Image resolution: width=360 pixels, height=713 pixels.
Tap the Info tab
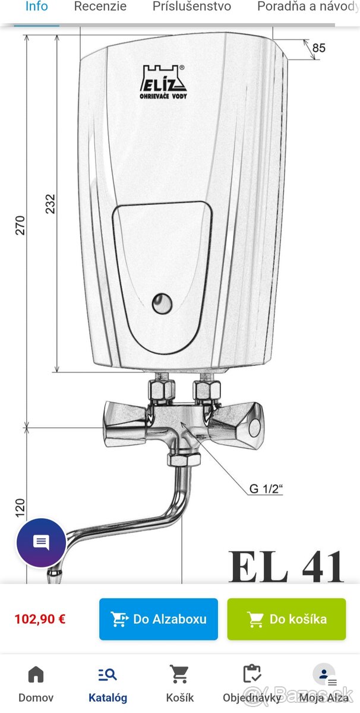click(x=37, y=7)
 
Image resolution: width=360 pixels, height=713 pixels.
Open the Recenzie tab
click(x=100, y=7)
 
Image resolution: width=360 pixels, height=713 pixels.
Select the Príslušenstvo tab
click(x=192, y=7)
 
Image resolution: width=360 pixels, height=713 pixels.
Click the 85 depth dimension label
click(x=318, y=48)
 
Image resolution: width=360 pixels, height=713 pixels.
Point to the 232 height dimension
click(x=50, y=204)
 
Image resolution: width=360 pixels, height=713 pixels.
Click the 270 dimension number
click(x=20, y=225)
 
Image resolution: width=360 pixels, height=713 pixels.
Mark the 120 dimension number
click(x=20, y=508)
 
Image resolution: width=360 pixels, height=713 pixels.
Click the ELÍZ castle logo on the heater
click(x=163, y=82)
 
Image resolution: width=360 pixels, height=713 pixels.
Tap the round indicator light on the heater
click(x=162, y=304)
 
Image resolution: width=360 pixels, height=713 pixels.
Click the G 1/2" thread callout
click(x=266, y=488)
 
